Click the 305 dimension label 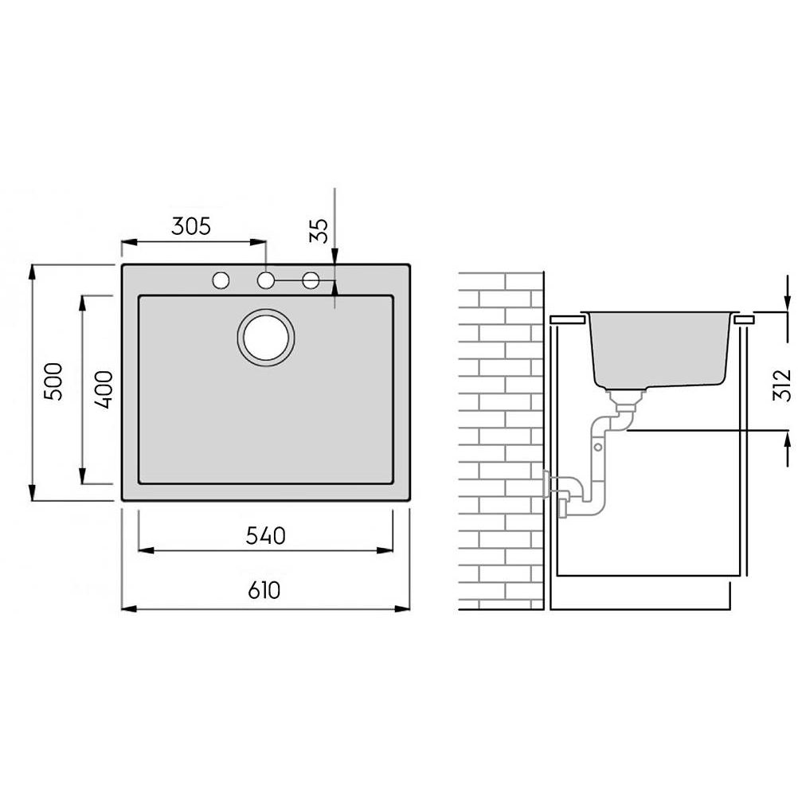(x=191, y=226)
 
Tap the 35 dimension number (x=319, y=231)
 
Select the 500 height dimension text (x=53, y=381)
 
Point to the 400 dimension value (x=104, y=389)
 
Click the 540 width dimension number (x=266, y=536)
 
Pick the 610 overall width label (x=264, y=590)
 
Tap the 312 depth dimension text (x=782, y=385)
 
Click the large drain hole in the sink (x=266, y=337)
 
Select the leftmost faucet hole (x=221, y=280)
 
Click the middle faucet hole (x=266, y=280)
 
